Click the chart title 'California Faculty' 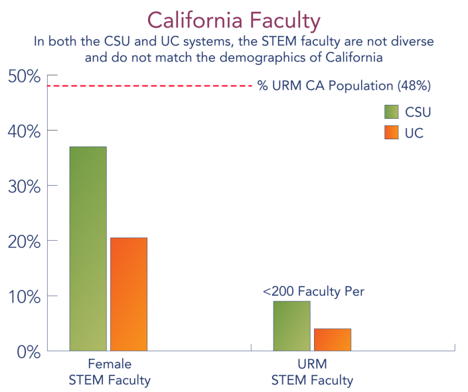(234, 21)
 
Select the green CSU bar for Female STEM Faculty (88, 249)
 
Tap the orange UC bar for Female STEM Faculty (129, 294)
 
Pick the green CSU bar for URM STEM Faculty (291, 326)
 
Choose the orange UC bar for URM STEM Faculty (333, 340)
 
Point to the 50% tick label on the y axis (24, 77)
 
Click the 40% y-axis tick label (24, 131)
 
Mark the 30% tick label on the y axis (24, 187)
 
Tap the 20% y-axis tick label (24, 241)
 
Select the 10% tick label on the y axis (24, 297)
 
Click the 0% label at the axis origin (29, 352)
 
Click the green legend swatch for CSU (391, 112)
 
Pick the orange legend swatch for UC (391, 133)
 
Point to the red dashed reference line (150, 86)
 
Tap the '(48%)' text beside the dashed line (414, 86)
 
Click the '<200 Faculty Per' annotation (313, 291)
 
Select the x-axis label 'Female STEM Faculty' (110, 372)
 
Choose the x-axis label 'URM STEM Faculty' (312, 372)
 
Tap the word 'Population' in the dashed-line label (361, 86)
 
